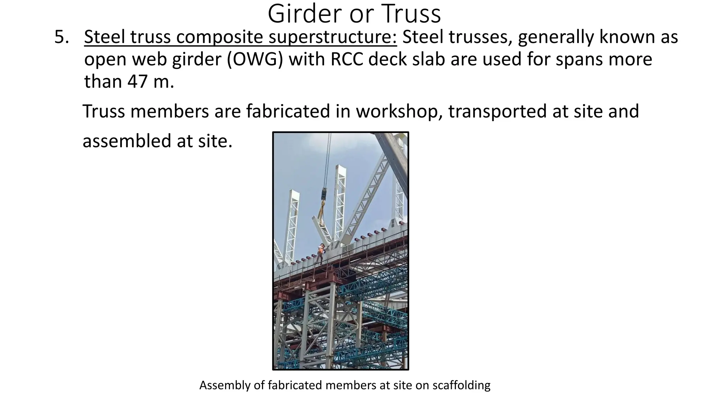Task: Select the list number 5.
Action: coord(61,37)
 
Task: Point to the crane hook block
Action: coord(324,193)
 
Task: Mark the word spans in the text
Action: coord(577,59)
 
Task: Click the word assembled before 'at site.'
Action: coord(127,141)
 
